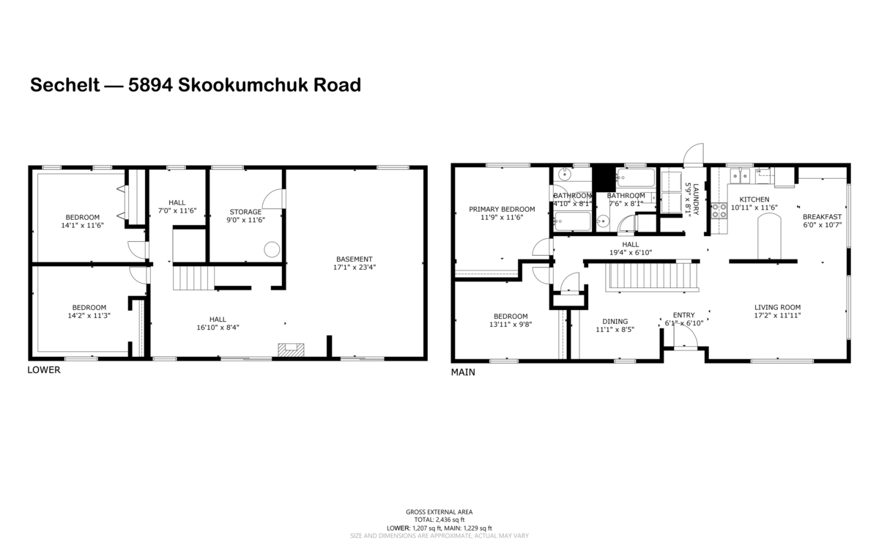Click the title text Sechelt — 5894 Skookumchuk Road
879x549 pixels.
195,85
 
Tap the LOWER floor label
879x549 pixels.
44,370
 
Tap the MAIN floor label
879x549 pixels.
463,372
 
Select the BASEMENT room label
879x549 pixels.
355,259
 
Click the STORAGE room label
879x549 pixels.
245,212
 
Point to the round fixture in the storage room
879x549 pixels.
272,249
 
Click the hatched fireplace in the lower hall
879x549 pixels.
289,350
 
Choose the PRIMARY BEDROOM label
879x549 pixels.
502,209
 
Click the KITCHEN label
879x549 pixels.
754,199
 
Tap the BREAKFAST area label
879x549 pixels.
822,216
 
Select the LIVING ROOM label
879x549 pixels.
778,307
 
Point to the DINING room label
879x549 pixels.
615,321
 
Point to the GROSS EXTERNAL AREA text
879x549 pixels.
439,512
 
